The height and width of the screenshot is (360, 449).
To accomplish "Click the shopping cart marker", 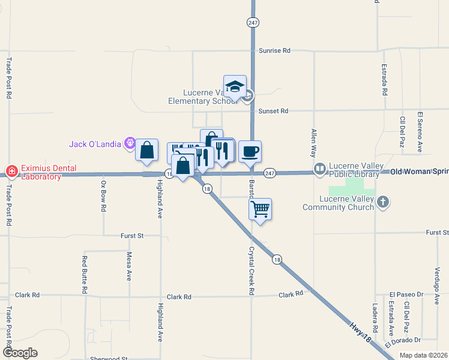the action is tap(260, 210).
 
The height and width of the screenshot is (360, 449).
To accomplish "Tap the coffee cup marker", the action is tap(250, 151).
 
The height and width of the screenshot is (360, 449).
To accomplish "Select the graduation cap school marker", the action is tap(235, 86).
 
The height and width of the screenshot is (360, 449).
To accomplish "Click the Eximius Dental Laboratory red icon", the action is tap(11, 172).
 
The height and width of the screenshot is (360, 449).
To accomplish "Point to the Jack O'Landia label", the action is tap(95, 144).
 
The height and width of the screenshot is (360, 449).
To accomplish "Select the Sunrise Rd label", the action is tap(274, 51).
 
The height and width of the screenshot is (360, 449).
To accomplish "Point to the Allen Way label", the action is tap(313, 143).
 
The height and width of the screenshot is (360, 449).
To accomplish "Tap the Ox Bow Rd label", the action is tap(103, 197).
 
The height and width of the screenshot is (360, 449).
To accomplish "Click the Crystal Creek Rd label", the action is tap(252, 271).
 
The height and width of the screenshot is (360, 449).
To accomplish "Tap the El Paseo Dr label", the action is tap(406, 295).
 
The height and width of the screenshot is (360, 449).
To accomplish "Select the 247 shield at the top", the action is tap(253, 22).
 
